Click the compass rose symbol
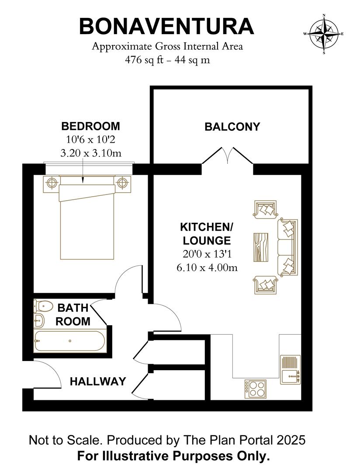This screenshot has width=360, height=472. tap(324, 34)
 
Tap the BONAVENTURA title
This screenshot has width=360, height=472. tap(166, 26)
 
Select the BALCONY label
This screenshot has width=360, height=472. tap(232, 127)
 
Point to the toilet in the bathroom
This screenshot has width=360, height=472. tap(43, 306)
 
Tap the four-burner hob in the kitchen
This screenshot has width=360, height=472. tap(256, 389)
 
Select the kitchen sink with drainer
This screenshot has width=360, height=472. tap(290, 370)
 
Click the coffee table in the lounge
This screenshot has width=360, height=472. tap(263, 247)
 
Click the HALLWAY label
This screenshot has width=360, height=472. tap(98, 382)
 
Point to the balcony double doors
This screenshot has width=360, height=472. tap(227, 156)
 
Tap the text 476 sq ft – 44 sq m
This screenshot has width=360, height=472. tap(167, 60)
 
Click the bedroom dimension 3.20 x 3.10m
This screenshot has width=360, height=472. tap(90, 153)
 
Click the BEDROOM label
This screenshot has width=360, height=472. tap(90, 126)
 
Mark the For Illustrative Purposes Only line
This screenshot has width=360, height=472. tap(173, 456)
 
